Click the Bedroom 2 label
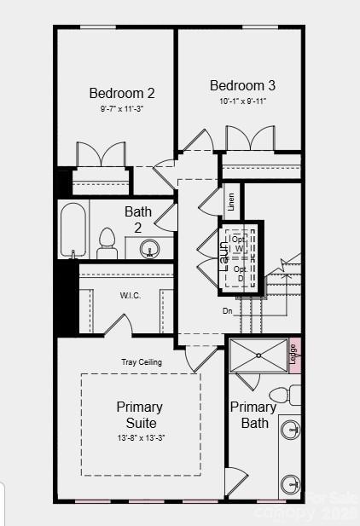pyautogui.click(x=122, y=93)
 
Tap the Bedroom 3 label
pyautogui.click(x=242, y=85)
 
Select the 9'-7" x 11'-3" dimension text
pyautogui.click(x=122, y=109)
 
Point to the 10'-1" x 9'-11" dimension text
pyautogui.click(x=242, y=101)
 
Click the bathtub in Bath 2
pyautogui.click(x=73, y=230)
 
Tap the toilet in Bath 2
pyautogui.click(x=107, y=243)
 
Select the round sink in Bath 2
pyautogui.click(x=151, y=250)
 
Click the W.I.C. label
pyautogui.click(x=130, y=296)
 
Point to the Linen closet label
pyautogui.click(x=231, y=202)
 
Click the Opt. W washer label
pyautogui.click(x=240, y=243)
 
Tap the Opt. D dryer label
pyautogui.click(x=240, y=274)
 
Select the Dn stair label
pyautogui.click(x=228, y=311)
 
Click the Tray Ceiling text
pyautogui.click(x=141, y=362)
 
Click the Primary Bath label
pyautogui.click(x=253, y=414)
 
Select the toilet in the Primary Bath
pyautogui.click(x=282, y=396)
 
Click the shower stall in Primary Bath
pyautogui.click(x=258, y=355)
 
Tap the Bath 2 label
pyautogui.click(x=138, y=218)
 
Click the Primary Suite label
pyautogui.click(x=140, y=414)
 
